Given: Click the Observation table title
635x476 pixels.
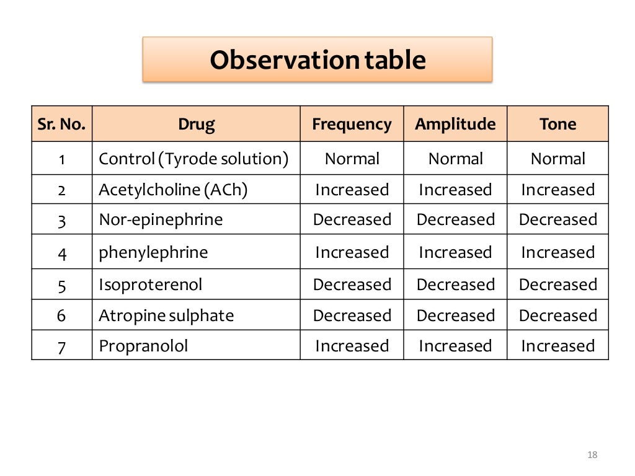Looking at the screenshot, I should (317, 60).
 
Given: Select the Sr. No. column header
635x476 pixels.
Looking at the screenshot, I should (62, 124).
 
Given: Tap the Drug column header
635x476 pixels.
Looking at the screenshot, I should (196, 124).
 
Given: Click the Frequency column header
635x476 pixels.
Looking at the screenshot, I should (352, 124).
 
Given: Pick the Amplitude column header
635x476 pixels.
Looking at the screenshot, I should (455, 124).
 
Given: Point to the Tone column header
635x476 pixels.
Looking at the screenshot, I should (557, 124).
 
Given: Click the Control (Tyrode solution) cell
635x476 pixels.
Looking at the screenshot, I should (193, 159).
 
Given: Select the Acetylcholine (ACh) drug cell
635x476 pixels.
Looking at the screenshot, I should (173, 190).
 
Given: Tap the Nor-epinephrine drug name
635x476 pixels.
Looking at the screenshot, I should (161, 219).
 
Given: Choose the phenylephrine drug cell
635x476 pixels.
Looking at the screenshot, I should (153, 252).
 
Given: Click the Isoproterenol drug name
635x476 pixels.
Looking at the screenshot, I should (150, 284).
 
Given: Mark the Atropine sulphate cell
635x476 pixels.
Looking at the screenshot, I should (166, 315).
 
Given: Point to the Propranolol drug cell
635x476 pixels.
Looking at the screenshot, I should (143, 346).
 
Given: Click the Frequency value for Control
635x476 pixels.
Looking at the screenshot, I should (352, 159).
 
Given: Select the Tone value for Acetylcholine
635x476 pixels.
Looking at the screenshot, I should (557, 190).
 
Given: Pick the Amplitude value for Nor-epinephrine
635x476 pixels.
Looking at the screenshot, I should (455, 219).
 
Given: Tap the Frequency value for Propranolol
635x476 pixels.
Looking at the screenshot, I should (352, 346).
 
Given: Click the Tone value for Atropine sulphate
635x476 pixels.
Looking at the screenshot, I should (557, 315).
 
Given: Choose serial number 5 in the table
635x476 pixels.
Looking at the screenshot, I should (62, 285).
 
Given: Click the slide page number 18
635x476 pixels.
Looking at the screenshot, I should (592, 456).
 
